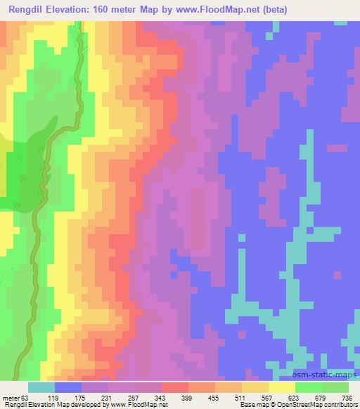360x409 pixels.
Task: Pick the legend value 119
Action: click(x=69, y=397)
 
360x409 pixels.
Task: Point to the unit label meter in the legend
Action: click(x=13, y=397)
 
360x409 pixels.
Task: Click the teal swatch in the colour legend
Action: click(x=41, y=387)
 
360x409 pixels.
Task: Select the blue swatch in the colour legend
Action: click(x=68, y=387)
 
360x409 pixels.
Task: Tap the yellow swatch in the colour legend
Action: click(x=282, y=387)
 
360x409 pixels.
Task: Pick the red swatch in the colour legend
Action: click(x=175, y=387)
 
